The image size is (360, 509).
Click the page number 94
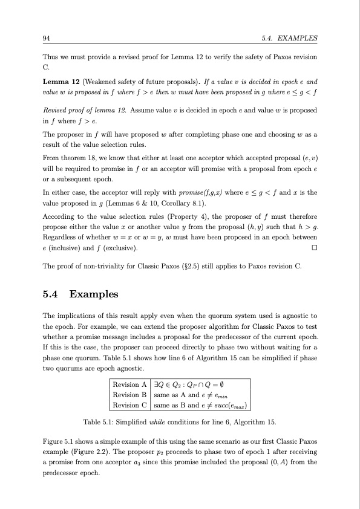click(x=46, y=38)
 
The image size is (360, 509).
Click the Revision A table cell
click(x=130, y=384)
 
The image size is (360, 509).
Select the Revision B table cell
click(x=130, y=394)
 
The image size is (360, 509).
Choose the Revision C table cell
click(x=130, y=404)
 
